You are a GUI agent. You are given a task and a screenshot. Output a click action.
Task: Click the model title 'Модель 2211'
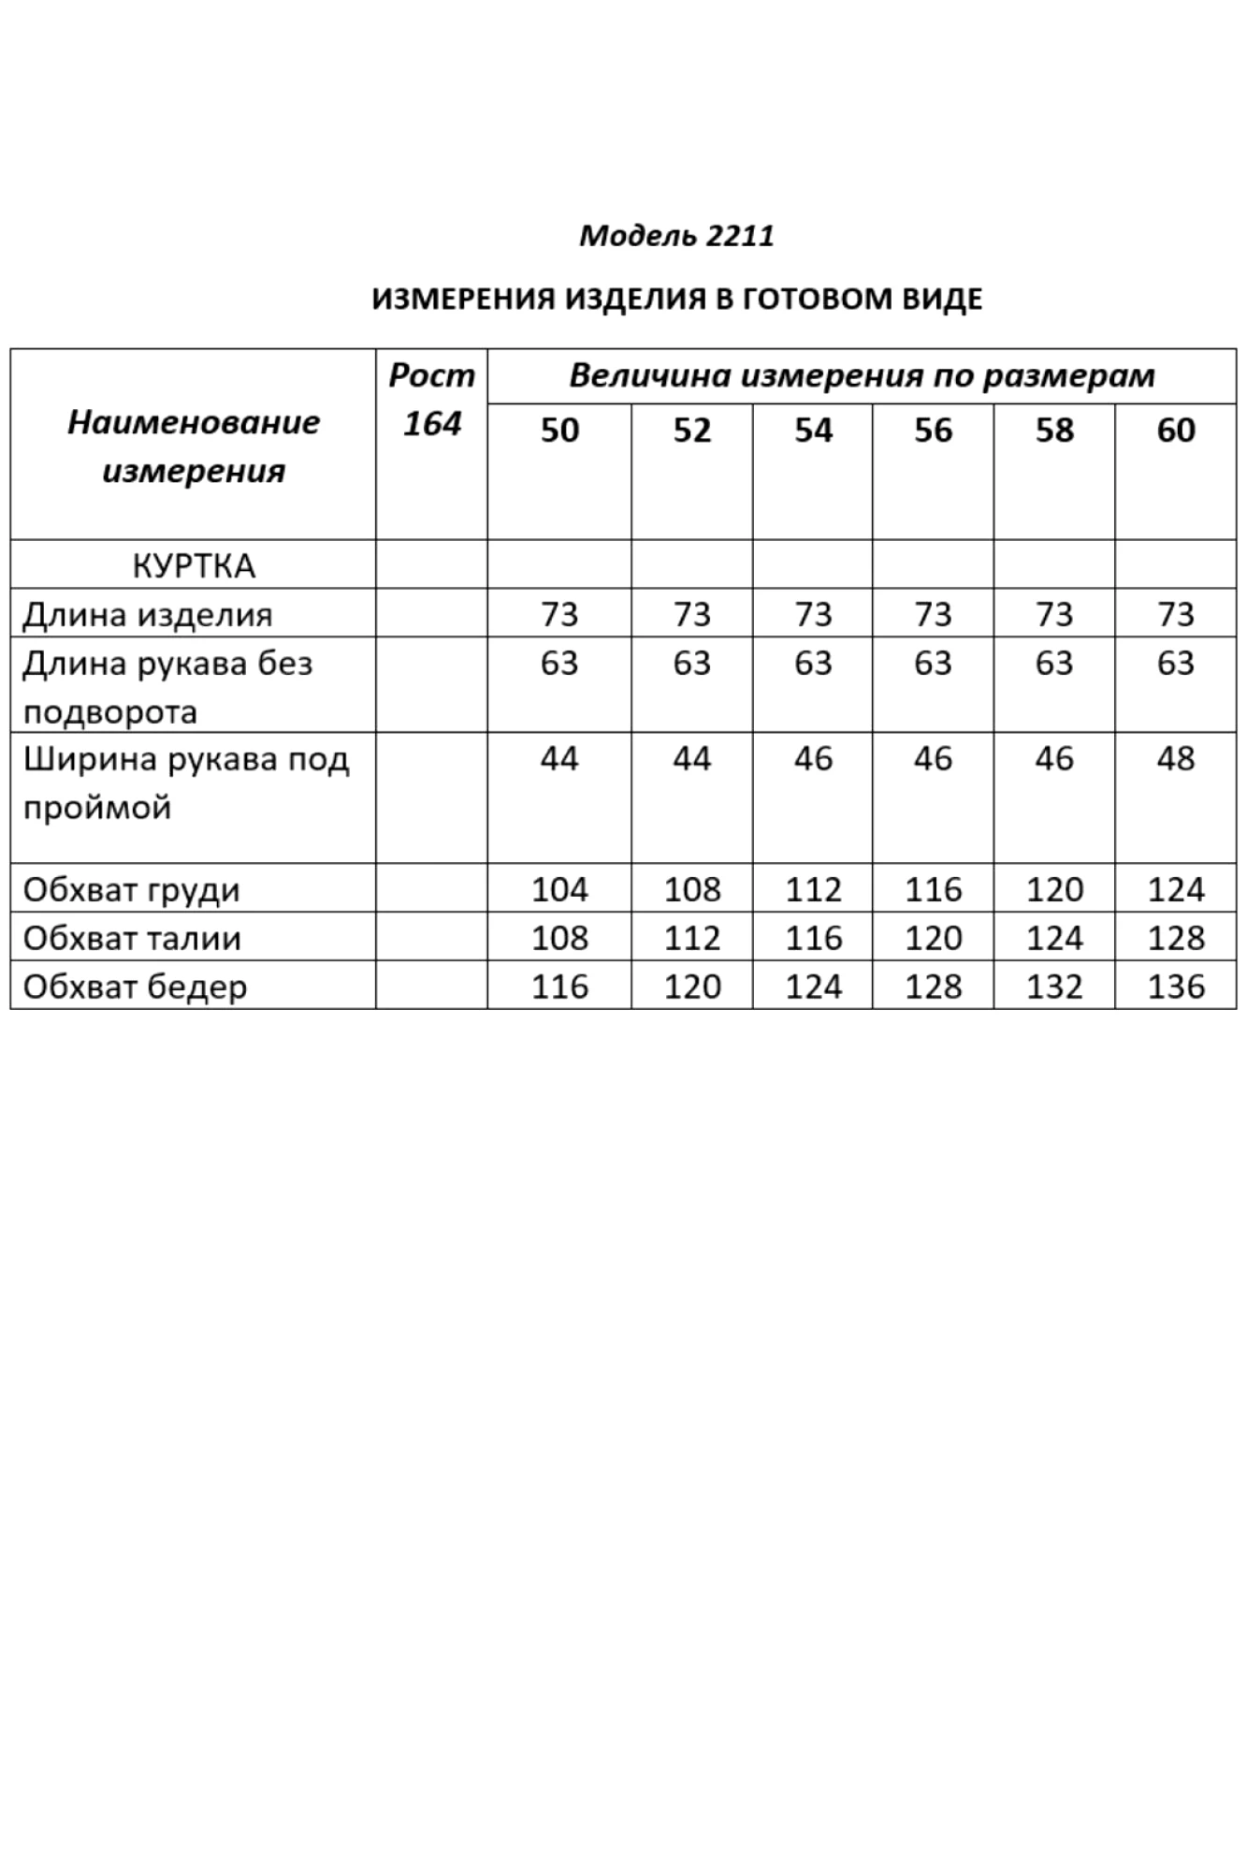[x=676, y=235]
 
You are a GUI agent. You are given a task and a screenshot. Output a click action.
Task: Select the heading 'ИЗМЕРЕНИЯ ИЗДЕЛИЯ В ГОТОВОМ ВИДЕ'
[x=676, y=300]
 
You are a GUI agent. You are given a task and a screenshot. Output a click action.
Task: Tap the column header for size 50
[x=559, y=431]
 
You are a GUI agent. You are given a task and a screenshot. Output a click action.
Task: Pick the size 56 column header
[x=933, y=431]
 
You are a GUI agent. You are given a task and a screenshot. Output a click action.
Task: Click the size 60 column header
[x=1175, y=431]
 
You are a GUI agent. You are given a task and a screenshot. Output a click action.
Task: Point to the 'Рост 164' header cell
[x=431, y=400]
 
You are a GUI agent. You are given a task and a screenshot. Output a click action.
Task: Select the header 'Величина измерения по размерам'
[x=862, y=376]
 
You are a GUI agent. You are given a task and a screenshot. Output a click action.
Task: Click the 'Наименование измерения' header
[x=193, y=446]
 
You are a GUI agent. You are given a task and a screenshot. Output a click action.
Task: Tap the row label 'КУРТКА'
[x=193, y=565]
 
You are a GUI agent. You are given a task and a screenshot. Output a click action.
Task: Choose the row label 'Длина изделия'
[x=147, y=615]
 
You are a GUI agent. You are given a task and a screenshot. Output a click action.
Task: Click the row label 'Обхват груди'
[x=131, y=889]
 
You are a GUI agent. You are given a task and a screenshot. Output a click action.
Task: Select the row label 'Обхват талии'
[x=131, y=938]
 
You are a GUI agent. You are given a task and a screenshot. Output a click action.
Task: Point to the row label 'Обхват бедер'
[x=135, y=987]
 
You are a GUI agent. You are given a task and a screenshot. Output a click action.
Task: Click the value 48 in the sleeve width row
[x=1175, y=758]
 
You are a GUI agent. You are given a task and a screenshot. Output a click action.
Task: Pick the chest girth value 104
[x=559, y=889]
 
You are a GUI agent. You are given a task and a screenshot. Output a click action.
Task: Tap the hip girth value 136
[x=1175, y=987]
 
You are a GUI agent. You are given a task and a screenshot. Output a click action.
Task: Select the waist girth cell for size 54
[x=813, y=938]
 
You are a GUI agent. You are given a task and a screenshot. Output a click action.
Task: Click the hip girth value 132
[x=1054, y=987]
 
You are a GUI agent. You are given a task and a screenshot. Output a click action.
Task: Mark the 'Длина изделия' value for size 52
[x=691, y=615]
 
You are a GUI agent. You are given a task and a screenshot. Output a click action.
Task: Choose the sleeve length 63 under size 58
[x=1054, y=664]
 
